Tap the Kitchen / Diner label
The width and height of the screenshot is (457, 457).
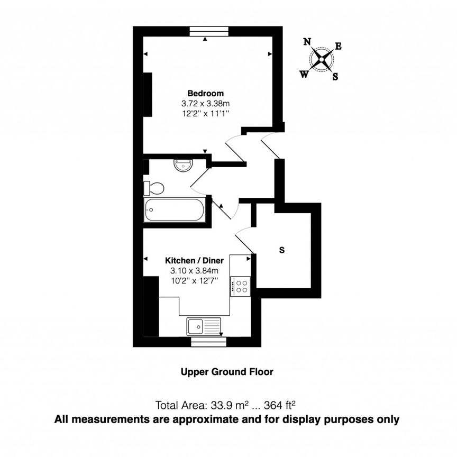point(195,261)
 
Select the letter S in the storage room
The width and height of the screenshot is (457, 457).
point(282,250)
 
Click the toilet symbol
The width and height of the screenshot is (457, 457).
point(154,188)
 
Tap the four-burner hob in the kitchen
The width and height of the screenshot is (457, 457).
point(241,286)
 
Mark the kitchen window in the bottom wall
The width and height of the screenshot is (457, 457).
point(208,342)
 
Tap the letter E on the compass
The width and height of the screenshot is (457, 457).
point(339,46)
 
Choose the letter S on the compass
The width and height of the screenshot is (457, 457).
point(335,76)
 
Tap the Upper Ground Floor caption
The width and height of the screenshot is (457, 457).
point(228,372)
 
